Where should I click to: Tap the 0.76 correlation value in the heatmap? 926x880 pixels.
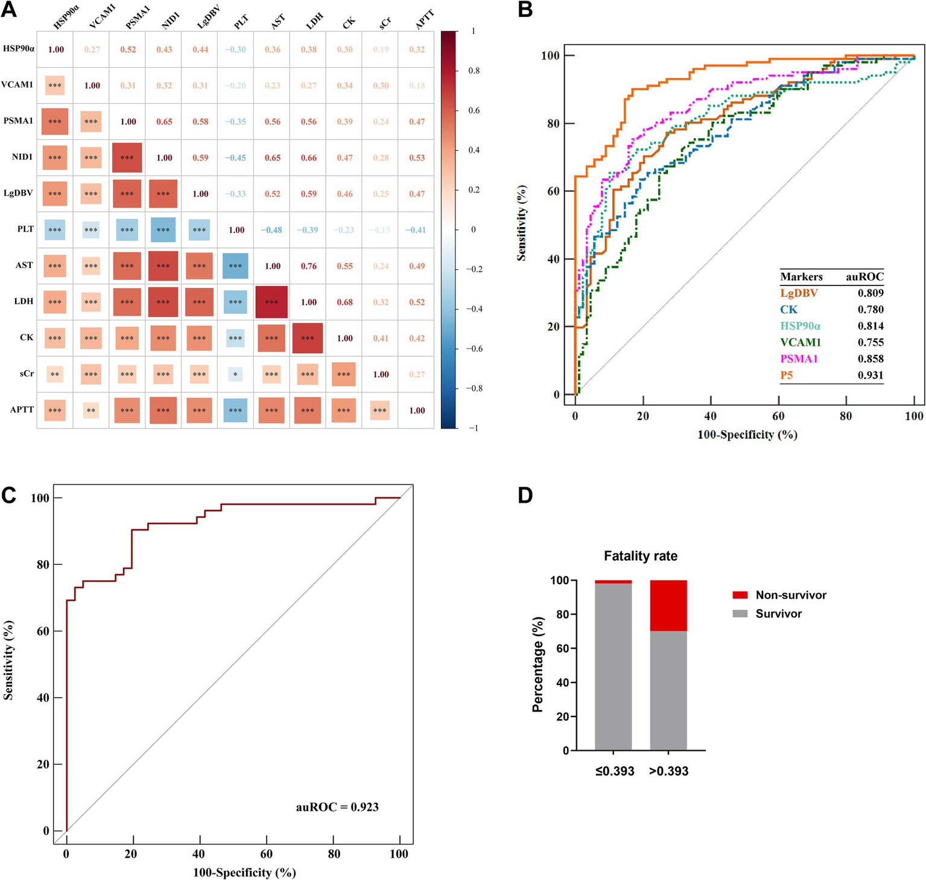pos(309,266)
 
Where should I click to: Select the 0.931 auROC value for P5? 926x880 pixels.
pos(871,375)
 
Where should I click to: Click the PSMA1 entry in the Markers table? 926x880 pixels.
pos(799,359)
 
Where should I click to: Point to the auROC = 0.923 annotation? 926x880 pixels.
pos(337,807)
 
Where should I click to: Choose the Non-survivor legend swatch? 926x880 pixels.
pos(740,595)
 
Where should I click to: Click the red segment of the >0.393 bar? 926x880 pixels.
pos(668,605)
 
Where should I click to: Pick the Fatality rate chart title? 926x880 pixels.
pos(641,556)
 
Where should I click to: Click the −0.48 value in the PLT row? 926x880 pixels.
pos(272,230)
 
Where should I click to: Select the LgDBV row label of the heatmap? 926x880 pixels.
pos(18,193)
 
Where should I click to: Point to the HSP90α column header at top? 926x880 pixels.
pos(66,17)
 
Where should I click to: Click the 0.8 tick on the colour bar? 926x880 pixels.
pos(474,71)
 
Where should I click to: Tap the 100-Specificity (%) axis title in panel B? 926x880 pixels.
pos(747,435)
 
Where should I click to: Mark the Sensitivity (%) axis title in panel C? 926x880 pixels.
pos(8,661)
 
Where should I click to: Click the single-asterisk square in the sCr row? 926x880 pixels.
pos(235,374)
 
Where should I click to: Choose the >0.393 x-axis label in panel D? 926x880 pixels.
pos(668,771)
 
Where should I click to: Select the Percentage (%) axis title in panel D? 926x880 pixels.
pos(538,665)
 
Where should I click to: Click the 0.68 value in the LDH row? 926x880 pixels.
pos(344,302)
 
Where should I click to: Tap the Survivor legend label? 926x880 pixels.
pos(779,614)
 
